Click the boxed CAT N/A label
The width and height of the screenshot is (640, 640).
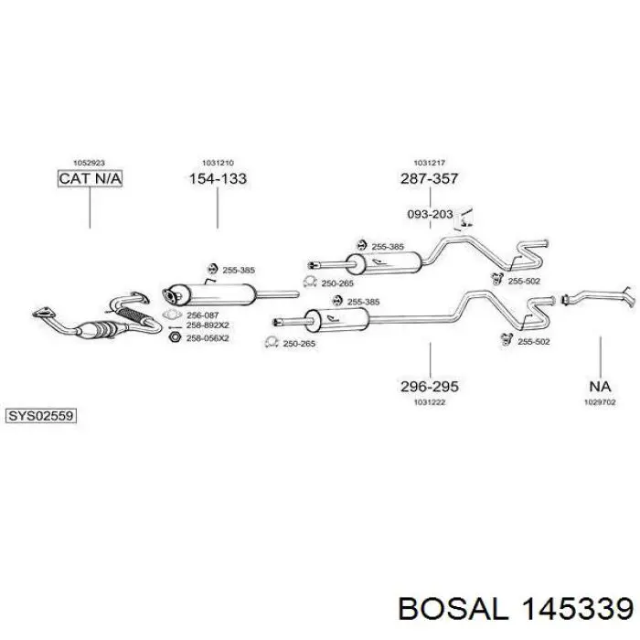pos(90,178)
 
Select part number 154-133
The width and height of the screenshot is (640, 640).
pos(218,179)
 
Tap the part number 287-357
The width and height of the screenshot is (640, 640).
pos(430,179)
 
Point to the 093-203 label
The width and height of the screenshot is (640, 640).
pos(431,214)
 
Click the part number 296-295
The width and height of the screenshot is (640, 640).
pos(430,386)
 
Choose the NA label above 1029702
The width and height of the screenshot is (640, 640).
pos(600,386)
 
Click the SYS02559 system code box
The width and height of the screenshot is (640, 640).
pos(41,416)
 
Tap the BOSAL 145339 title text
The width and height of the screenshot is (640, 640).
pos(516,610)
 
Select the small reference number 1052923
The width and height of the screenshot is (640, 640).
pos(89,163)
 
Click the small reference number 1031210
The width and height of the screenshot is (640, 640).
pos(218,163)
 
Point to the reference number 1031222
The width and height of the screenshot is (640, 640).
pos(430,402)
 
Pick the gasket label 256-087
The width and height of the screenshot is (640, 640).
pos(202,315)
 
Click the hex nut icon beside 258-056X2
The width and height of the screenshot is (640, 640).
pos(175,337)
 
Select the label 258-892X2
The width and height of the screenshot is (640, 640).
pos(208,325)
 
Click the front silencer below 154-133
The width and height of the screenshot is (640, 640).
pos(209,294)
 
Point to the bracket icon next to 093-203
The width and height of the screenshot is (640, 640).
pos(464,219)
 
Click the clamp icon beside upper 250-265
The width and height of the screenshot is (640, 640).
pos(310,282)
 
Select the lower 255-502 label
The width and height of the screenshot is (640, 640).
pos(533,342)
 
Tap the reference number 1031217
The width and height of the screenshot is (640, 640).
pos(430,163)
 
